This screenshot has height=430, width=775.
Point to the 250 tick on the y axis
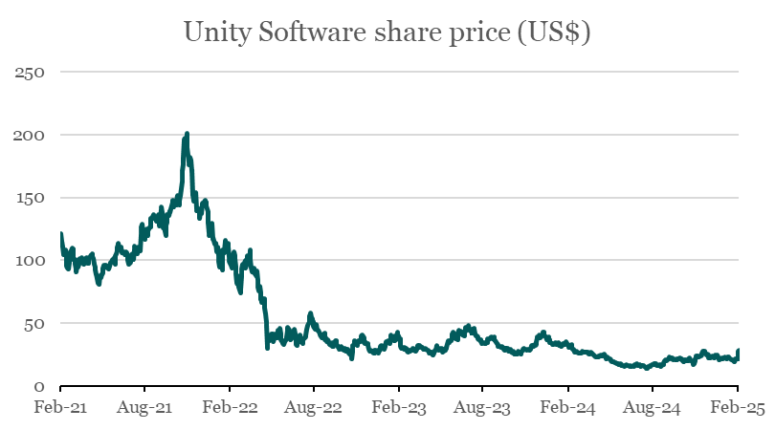(x=31, y=73)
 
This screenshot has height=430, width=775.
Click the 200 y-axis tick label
(x=31, y=136)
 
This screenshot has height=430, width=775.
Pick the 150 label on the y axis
(x=31, y=198)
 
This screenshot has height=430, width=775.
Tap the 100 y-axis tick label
(x=31, y=261)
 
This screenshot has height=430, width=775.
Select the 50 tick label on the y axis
(x=34, y=324)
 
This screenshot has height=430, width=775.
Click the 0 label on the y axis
(x=39, y=386)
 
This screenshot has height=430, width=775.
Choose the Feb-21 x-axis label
(x=60, y=408)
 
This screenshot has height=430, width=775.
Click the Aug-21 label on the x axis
(x=144, y=408)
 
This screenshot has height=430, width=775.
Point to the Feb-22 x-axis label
(x=230, y=408)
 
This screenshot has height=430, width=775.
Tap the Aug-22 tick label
(x=314, y=408)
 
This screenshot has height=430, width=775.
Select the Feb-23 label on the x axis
(x=399, y=408)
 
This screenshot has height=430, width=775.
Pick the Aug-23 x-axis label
(x=483, y=408)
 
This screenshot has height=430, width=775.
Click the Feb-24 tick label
(x=568, y=408)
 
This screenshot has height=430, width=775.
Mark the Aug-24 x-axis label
(x=653, y=408)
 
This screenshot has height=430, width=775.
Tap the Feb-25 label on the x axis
(x=738, y=408)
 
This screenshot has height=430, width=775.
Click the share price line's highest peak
(x=187, y=134)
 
